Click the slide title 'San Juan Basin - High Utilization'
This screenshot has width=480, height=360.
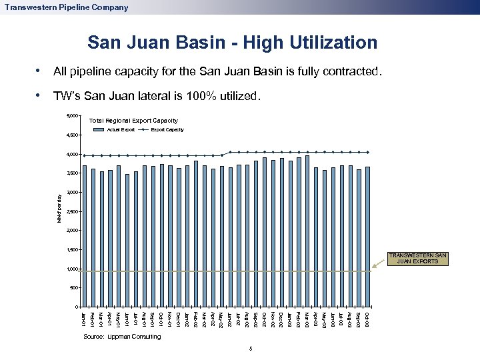point(232,43)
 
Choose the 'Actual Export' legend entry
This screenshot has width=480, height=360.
point(121,129)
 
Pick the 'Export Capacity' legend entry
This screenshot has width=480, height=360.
point(167,129)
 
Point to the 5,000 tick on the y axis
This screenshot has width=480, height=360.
point(72,117)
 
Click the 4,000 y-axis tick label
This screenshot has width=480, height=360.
point(72,155)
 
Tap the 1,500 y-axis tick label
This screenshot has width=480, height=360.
point(72,250)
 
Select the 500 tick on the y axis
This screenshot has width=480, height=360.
point(73,288)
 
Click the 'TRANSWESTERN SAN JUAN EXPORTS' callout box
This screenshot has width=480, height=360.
point(419,258)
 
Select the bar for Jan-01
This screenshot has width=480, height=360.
point(85,236)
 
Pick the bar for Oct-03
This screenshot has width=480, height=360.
point(367,237)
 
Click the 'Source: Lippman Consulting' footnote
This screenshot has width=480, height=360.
point(122,337)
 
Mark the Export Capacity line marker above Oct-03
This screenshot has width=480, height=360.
point(367,152)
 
